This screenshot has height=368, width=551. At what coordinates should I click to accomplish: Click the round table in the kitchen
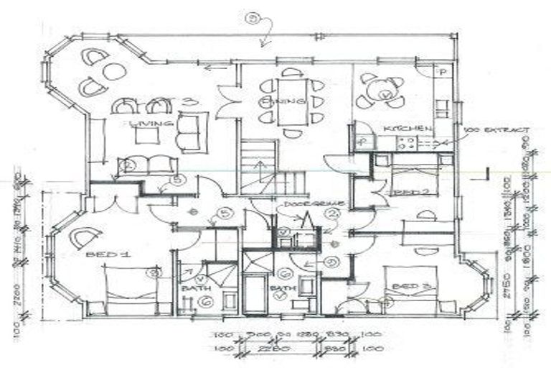(377, 91)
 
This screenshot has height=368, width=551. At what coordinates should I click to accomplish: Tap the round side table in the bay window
(113, 71)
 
